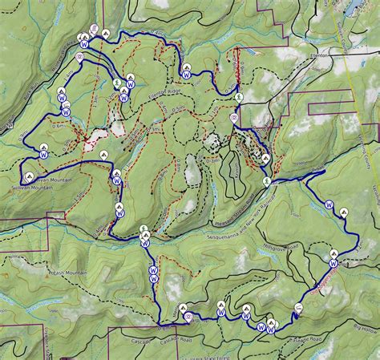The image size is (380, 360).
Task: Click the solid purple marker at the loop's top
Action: [95, 30]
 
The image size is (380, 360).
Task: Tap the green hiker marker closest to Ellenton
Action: [240, 96]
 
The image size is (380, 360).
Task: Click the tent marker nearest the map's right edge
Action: [344, 212]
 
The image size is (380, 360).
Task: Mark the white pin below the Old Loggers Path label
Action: [298, 307]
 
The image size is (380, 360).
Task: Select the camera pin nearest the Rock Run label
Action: [233, 117]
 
